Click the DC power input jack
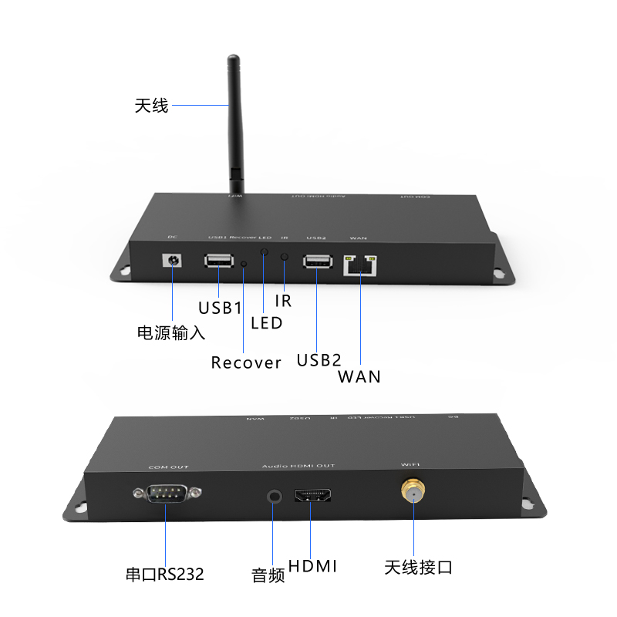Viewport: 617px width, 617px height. pos(171,261)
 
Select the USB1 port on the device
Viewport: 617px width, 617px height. pos(219,261)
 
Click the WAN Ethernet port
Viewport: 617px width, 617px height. pos(361,265)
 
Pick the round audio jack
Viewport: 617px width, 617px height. pos(274,496)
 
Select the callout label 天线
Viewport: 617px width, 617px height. pos(151,106)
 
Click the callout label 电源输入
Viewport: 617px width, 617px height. pos(170,333)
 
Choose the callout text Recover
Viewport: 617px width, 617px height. pos(246,362)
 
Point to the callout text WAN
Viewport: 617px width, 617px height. pos(359,376)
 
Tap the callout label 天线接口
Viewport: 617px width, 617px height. pos(418,568)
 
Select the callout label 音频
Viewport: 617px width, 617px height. pos(268,575)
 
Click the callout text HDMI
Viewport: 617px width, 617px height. pos(313,567)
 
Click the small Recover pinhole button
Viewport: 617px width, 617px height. pos(244,264)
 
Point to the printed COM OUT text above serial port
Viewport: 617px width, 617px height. pos(168,467)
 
